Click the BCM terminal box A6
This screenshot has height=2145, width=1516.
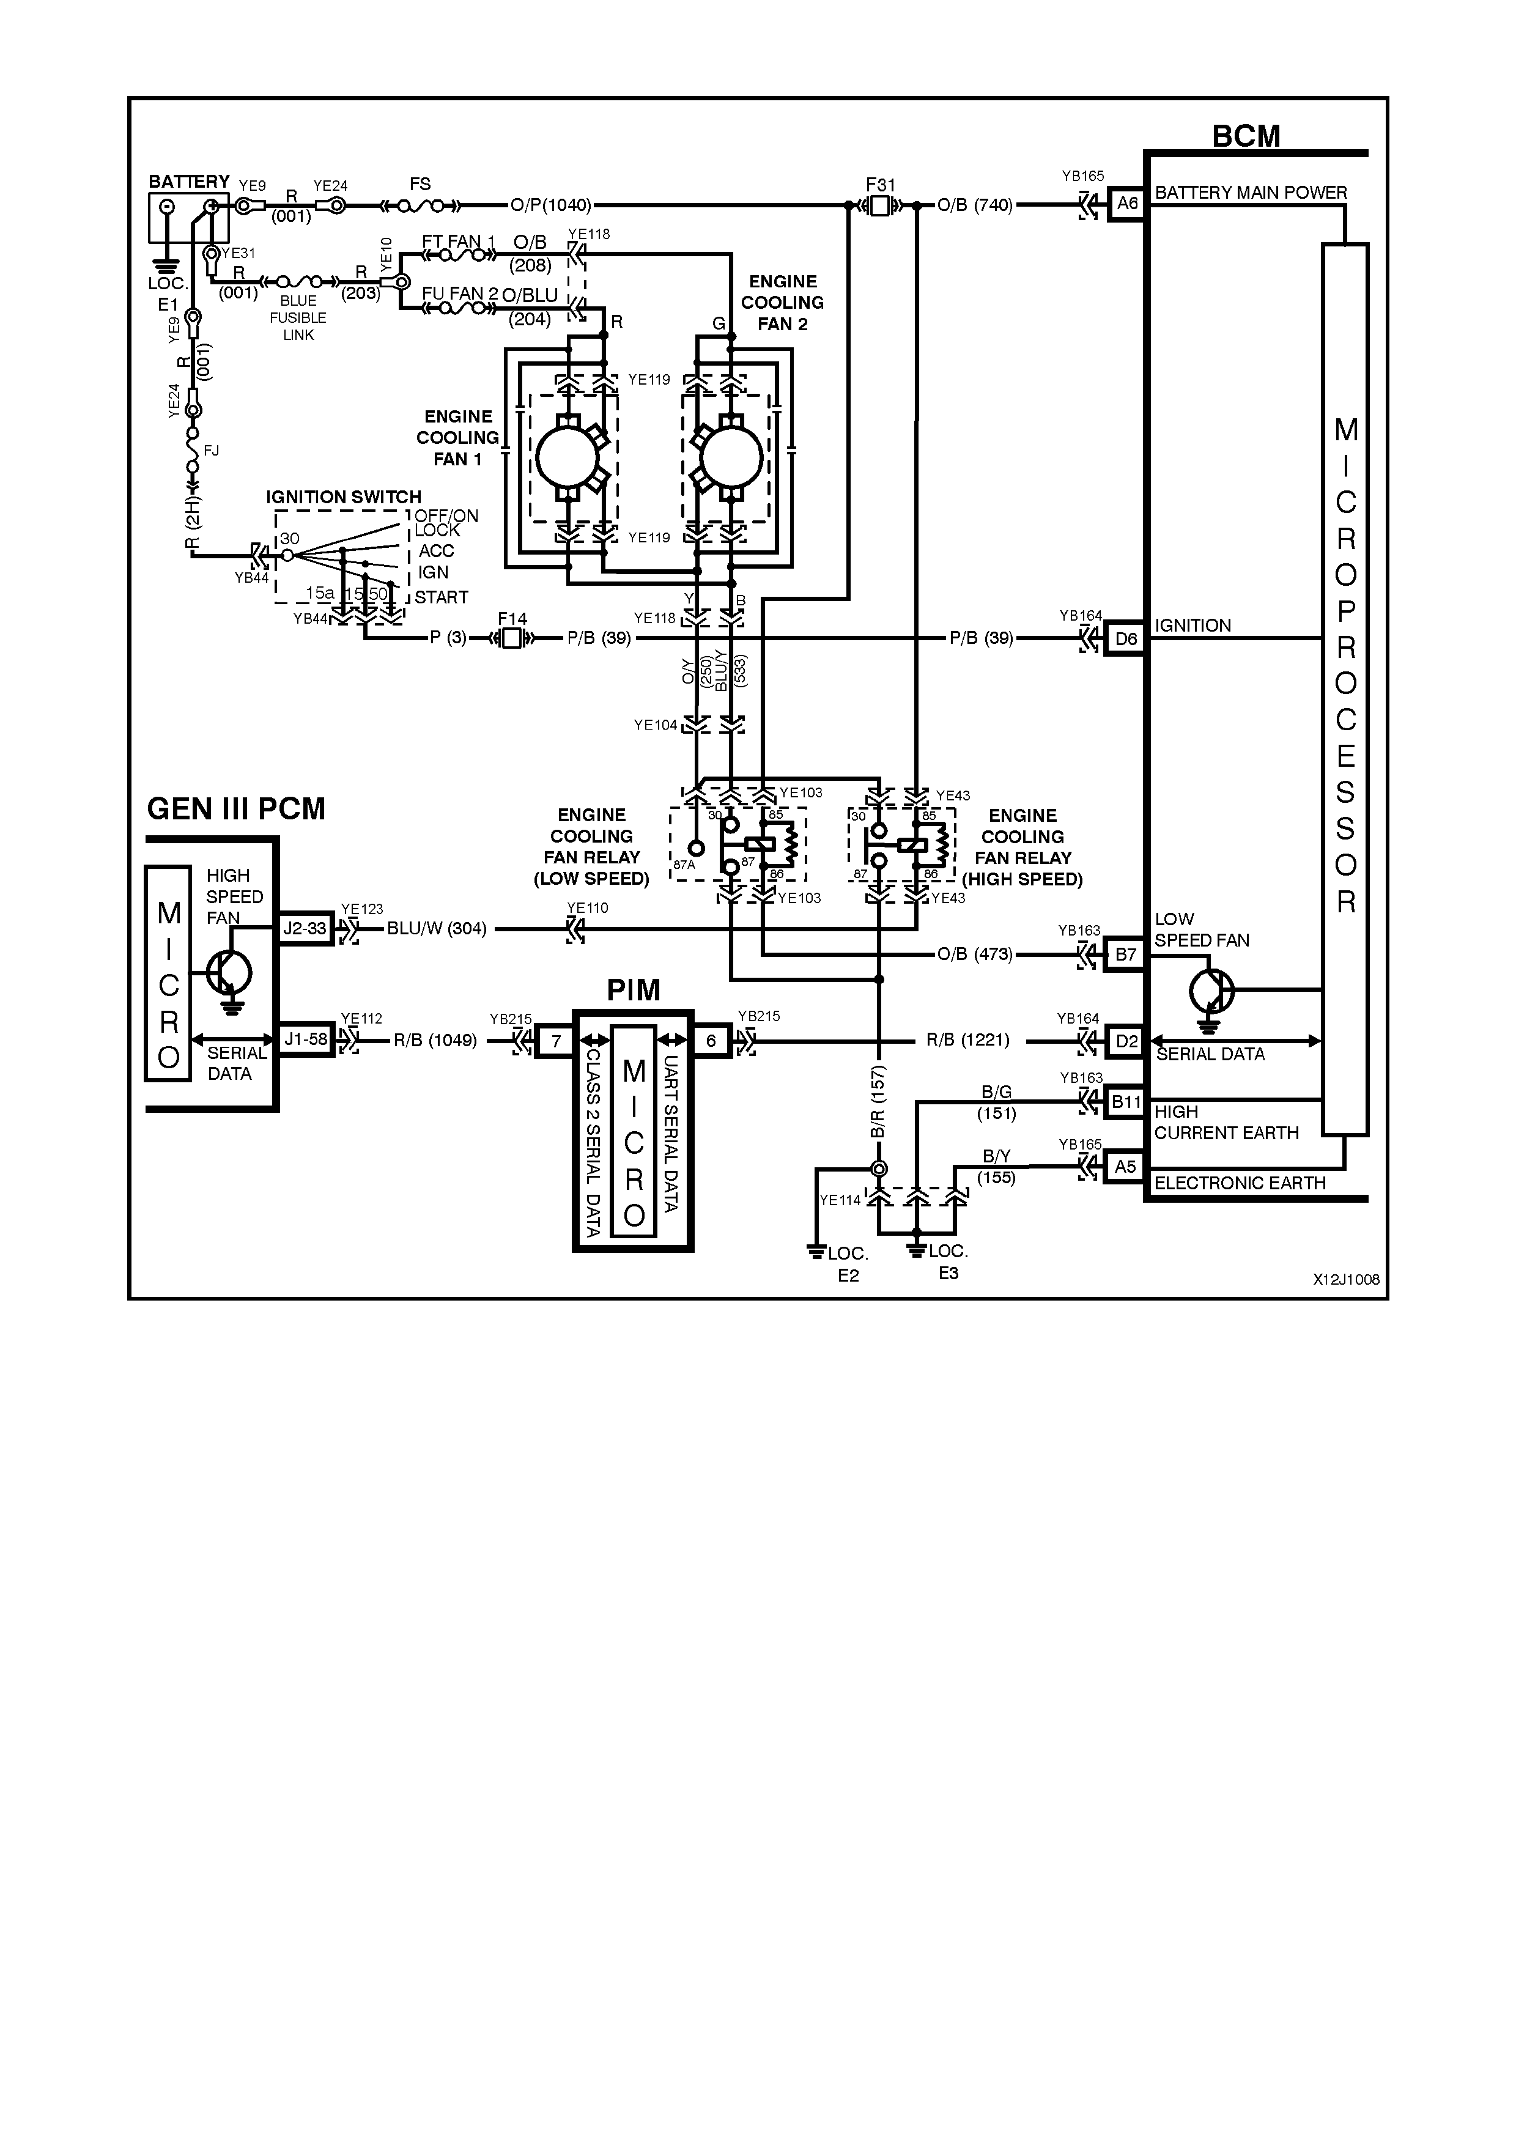coord(1126,204)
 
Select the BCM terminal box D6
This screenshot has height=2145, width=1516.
coord(1126,639)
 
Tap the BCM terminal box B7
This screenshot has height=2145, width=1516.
coord(1126,954)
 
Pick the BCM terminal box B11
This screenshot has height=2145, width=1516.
coord(1126,1102)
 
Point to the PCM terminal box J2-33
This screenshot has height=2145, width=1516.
coord(305,929)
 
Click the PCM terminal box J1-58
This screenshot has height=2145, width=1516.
coord(305,1039)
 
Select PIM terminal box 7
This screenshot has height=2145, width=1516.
coord(555,1040)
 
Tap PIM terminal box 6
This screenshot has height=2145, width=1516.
coord(711,1040)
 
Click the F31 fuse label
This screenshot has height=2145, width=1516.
coord(880,185)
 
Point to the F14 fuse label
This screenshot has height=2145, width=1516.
coord(512,618)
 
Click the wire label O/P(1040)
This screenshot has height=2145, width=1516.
coord(551,205)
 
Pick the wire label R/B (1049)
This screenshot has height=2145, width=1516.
coord(435,1040)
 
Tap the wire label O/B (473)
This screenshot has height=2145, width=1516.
coord(974,954)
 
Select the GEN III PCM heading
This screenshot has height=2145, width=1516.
coord(236,809)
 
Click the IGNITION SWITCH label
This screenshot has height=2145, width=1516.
coord(343,497)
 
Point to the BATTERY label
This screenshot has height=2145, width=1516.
coord(189,181)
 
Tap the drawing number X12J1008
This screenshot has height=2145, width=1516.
coord(1345,1280)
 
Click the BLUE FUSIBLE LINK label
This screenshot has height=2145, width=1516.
coord(298,317)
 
